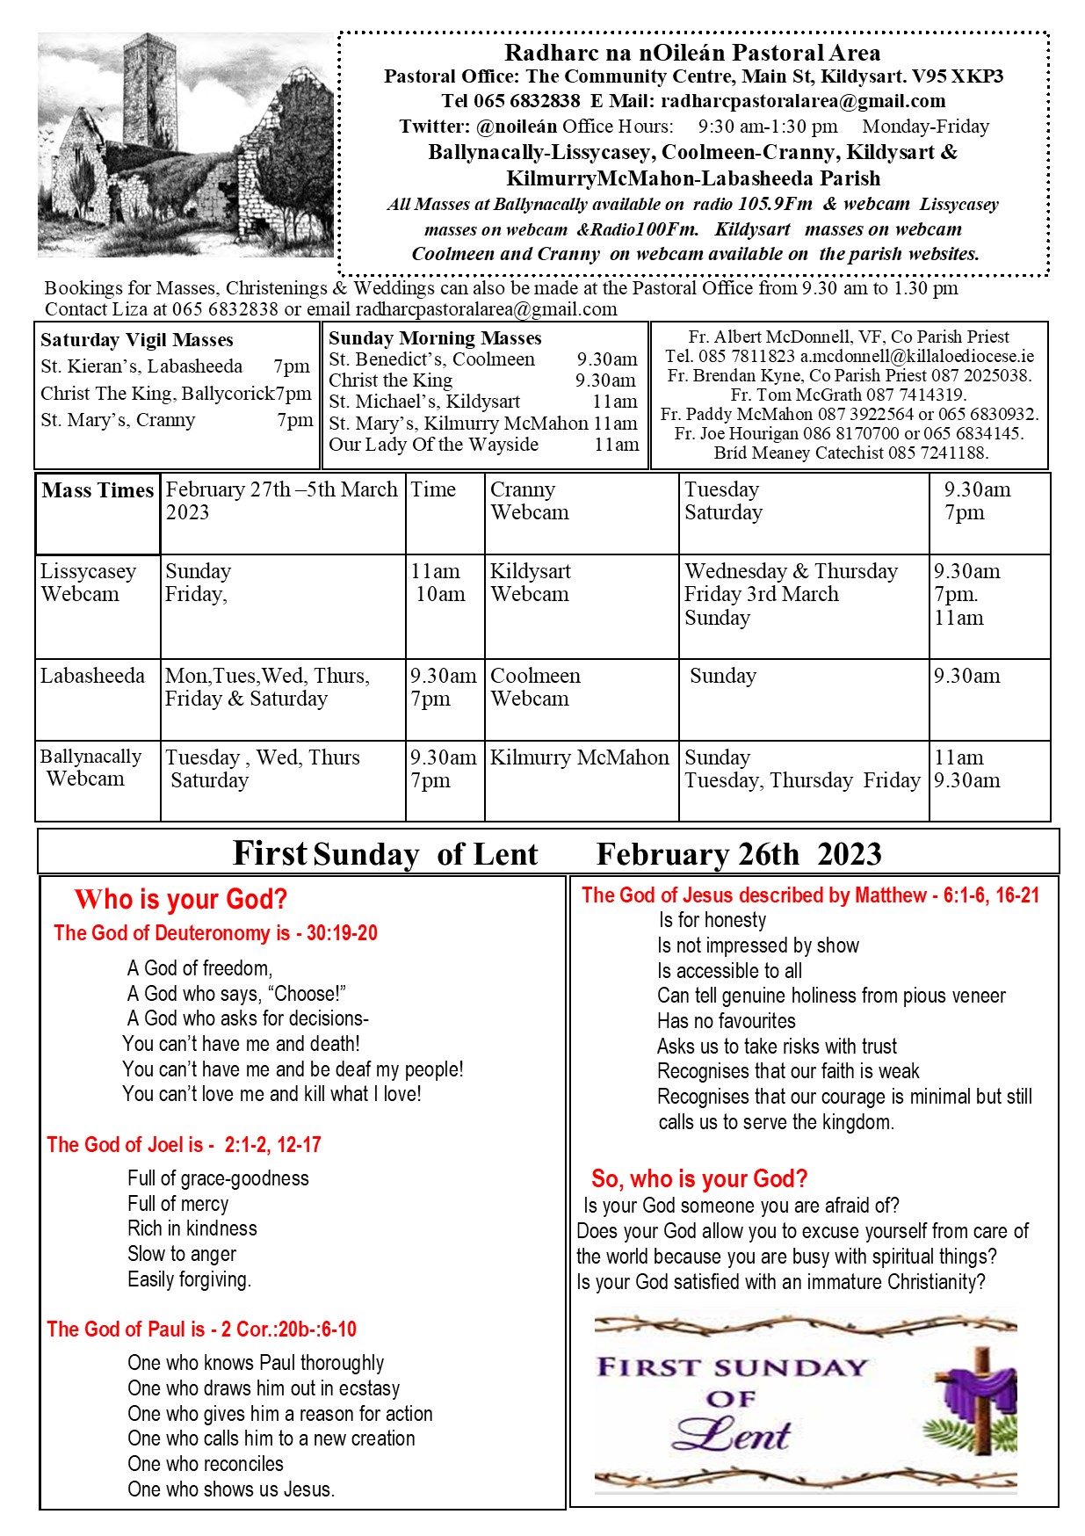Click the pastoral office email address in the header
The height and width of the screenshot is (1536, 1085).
pos(803,101)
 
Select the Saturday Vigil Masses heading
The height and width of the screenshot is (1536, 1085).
pos(137,340)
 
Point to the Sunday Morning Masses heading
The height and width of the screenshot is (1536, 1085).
pos(435,338)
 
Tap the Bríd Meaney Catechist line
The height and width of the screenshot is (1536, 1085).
pos(850,453)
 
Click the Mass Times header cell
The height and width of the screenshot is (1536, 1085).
pos(98,490)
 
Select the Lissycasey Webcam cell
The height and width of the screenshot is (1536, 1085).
pos(88,583)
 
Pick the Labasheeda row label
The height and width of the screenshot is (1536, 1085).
pos(92,676)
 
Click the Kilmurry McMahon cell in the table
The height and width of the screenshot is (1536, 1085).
pos(580,757)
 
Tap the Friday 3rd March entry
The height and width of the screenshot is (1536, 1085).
pos(762,594)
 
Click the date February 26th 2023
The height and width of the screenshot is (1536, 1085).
pos(738,853)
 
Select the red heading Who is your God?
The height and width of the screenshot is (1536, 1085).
pos(181,899)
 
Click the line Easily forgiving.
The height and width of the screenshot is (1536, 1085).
pos(189,1279)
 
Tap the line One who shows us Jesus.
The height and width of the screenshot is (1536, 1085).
pos(231,1489)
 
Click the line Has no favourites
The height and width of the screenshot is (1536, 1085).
pos(727,1021)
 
